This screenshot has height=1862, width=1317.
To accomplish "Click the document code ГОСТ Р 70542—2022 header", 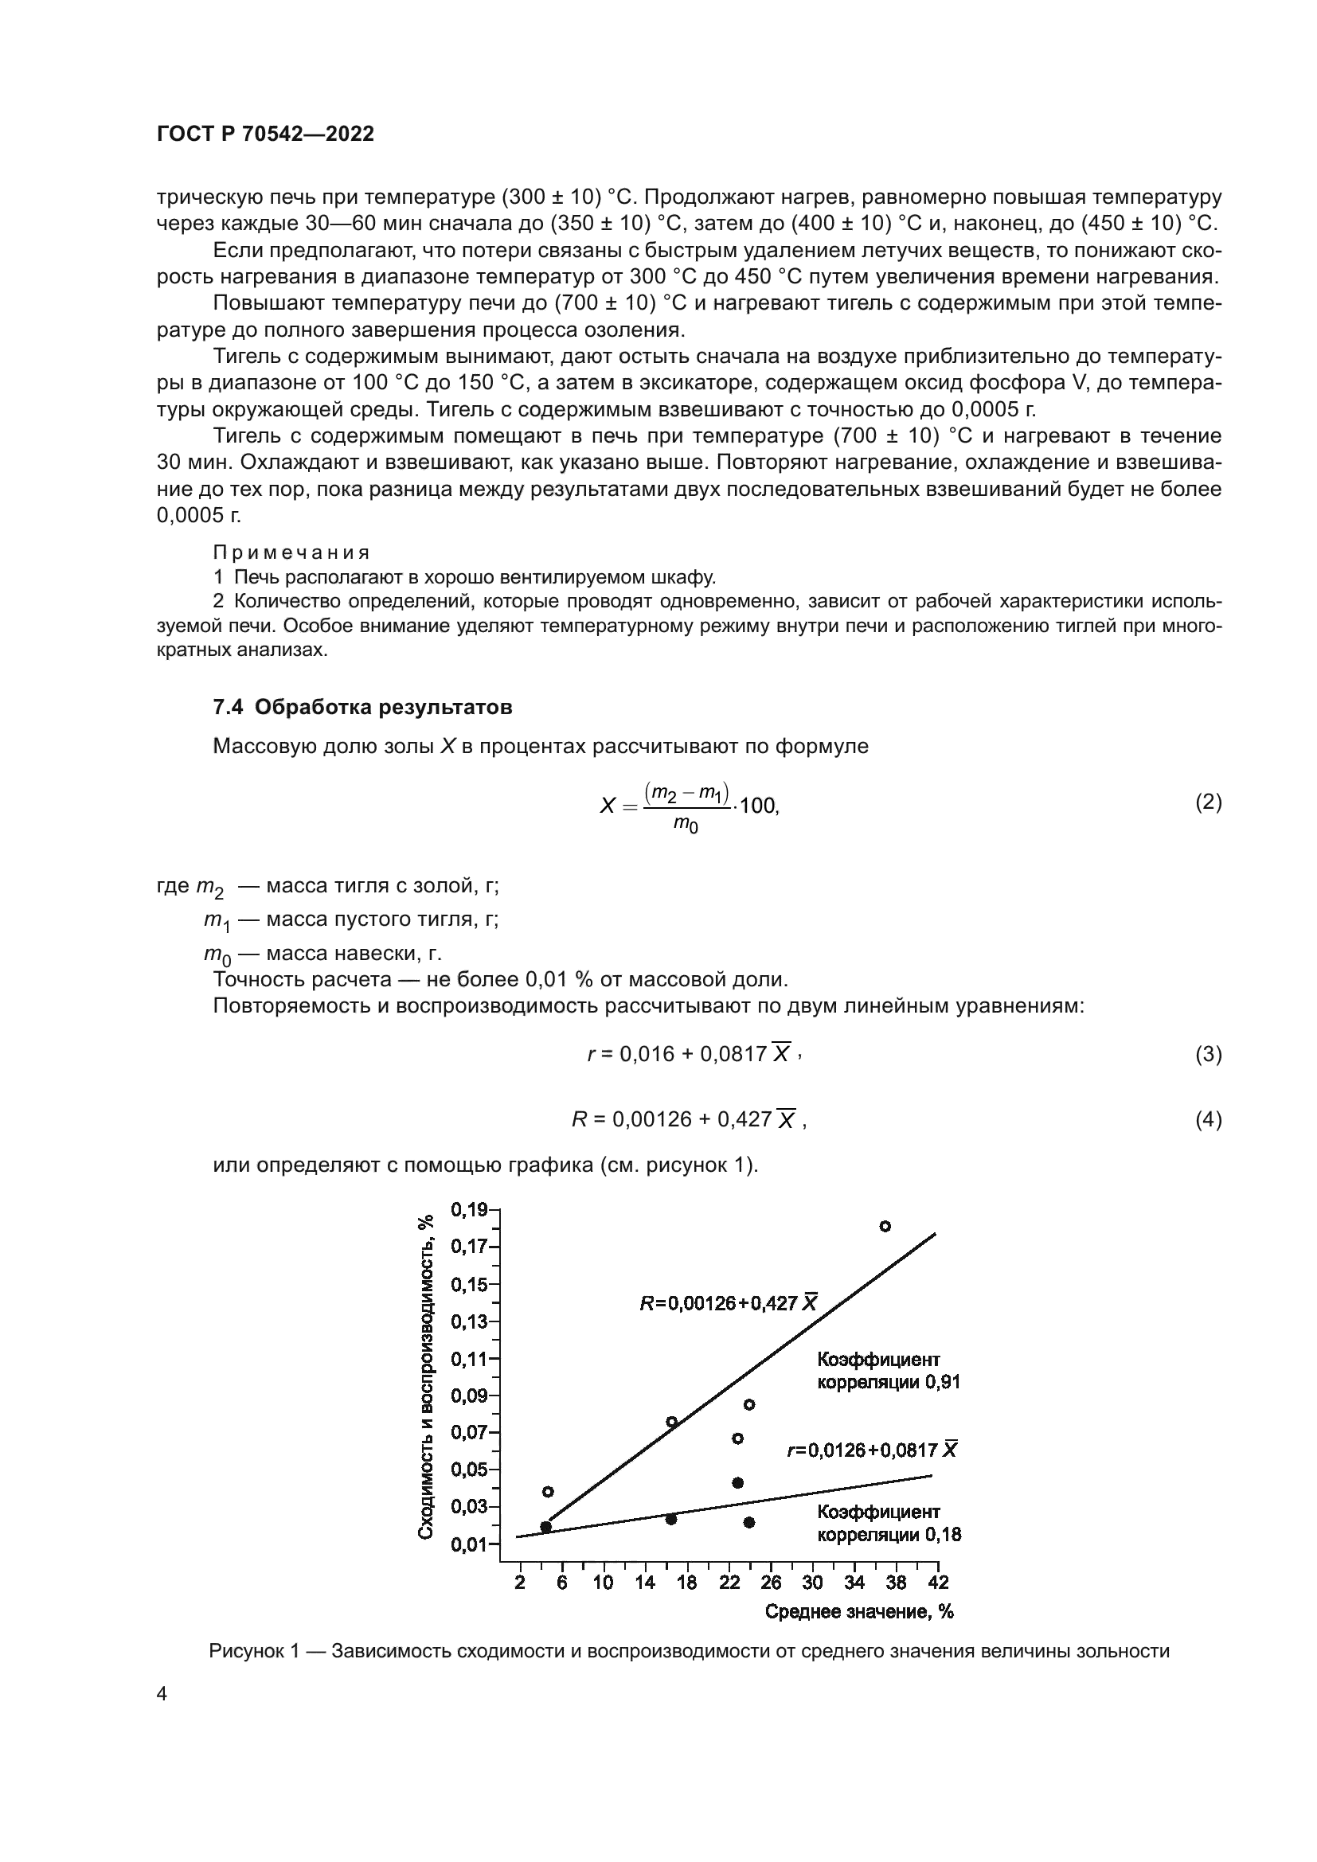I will [265, 135].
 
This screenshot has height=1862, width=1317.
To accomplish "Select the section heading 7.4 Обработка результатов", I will [361, 707].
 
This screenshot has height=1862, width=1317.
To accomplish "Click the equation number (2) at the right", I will [1208, 802].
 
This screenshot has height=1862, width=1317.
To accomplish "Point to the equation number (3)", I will [1208, 1053].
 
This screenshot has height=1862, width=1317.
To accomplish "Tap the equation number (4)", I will [1208, 1119].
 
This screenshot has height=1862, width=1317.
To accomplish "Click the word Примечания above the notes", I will [291, 552].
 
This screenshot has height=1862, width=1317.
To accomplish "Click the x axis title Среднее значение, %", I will [859, 1611].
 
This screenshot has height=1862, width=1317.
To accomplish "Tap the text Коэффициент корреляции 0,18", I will [888, 1523].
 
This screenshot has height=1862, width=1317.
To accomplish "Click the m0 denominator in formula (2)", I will [686, 826].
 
